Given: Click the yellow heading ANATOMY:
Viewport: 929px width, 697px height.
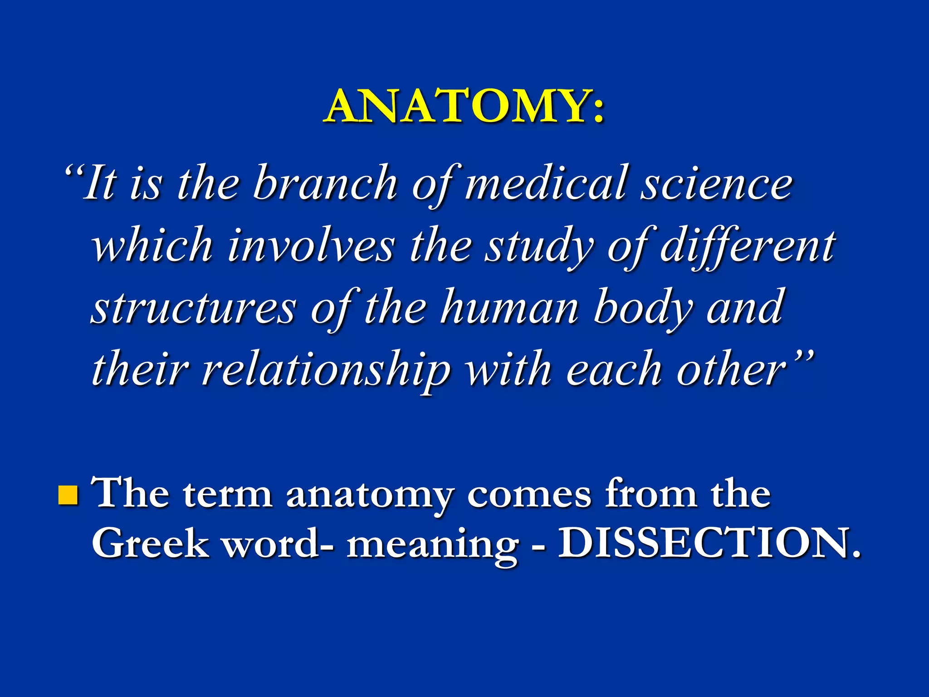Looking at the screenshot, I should coord(464,106).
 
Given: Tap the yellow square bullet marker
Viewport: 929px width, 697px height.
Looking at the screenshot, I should coord(68,495).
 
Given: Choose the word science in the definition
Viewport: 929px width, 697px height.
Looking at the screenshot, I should coord(717,183).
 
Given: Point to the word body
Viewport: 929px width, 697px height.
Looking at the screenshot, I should coord(644,309).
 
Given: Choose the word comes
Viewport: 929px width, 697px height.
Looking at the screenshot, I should coord(529,494).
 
